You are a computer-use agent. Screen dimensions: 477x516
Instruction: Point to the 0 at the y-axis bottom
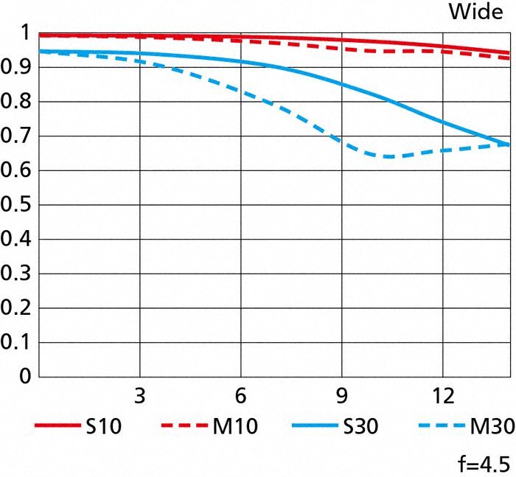point(24,377)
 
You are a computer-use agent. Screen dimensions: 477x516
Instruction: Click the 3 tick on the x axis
point(139,396)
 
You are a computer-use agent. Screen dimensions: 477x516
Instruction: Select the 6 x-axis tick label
point(240,396)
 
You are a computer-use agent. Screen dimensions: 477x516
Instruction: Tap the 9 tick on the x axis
point(341,396)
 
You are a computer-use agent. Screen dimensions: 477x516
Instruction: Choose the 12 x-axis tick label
point(442,396)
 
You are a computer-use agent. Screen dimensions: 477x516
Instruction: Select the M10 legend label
point(235,427)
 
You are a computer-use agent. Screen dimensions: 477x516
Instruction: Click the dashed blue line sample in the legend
point(440,427)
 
